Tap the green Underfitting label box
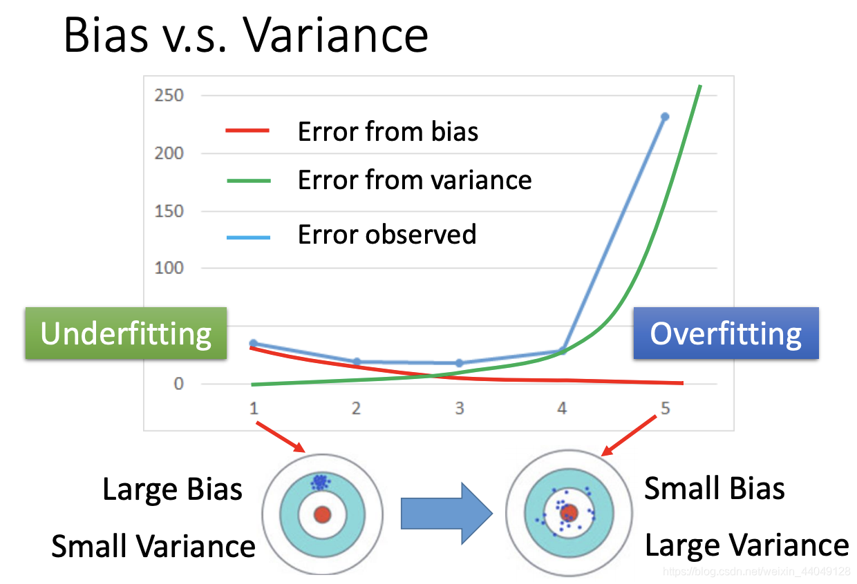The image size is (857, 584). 126,333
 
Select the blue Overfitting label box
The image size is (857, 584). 726,333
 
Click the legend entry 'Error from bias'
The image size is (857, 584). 388,131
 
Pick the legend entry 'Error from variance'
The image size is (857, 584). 415,180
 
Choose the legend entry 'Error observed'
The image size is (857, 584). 387,235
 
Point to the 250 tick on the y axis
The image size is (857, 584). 169,95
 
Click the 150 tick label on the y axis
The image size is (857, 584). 169,211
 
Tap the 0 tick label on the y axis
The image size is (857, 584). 179,384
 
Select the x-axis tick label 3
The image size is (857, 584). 459,409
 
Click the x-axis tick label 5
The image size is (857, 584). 665,409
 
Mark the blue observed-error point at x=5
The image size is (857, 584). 665,117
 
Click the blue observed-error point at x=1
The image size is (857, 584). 253,343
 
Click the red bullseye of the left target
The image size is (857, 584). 322,514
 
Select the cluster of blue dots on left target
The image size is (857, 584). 319,481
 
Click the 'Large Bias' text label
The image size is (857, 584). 172,489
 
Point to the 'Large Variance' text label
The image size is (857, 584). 746,545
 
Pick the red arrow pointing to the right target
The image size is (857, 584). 629,435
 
